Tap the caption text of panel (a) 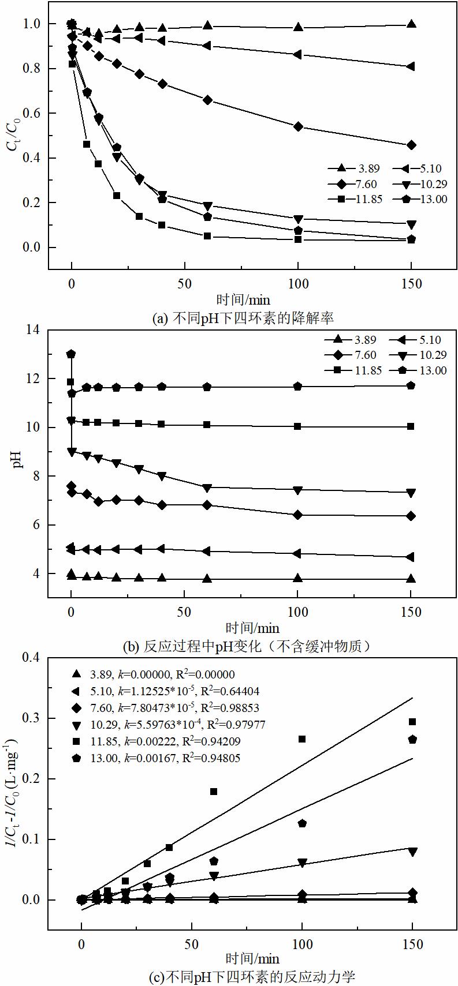pyautogui.click(x=242, y=318)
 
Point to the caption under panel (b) pyautogui.click(x=247, y=646)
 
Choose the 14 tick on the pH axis pyautogui.click(x=34, y=330)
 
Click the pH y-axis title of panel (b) pyautogui.click(x=18, y=462)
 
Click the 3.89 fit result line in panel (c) pyautogui.click(x=156, y=674)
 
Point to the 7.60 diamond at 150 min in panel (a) pyautogui.click(x=411, y=145)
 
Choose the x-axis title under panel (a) pyautogui.click(x=243, y=300)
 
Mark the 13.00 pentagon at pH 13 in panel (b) pyautogui.click(x=71, y=354)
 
